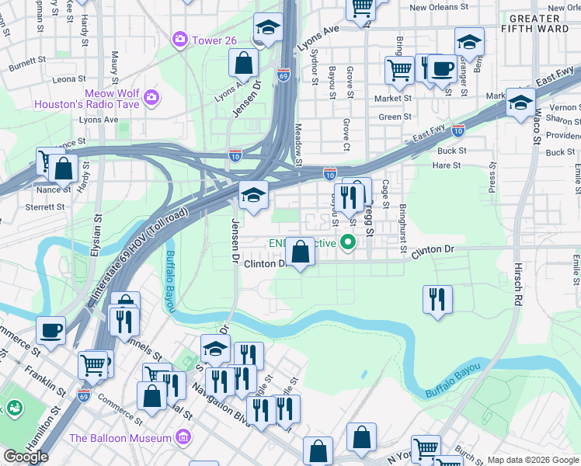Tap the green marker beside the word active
[349, 243]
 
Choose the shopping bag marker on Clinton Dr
[300, 252]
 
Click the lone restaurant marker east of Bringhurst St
[437, 299]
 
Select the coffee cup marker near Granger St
[443, 68]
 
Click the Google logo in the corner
[26, 457]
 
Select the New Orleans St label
[440, 8]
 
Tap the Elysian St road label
[96, 240]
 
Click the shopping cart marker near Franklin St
[92, 363]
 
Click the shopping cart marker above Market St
[399, 70]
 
